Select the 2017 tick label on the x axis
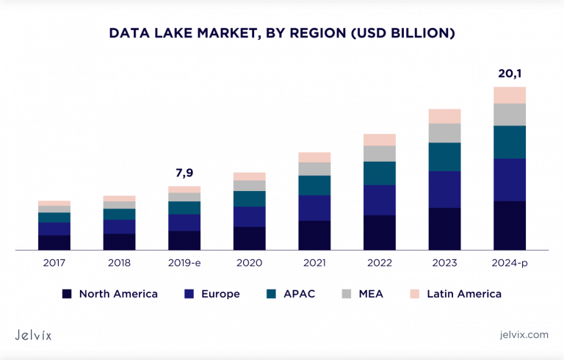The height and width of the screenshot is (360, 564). pyautogui.click(x=54, y=262)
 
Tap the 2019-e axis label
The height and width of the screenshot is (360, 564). pyautogui.click(x=184, y=262)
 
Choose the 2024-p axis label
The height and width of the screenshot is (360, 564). pyautogui.click(x=510, y=262)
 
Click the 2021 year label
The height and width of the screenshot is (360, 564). pyautogui.click(x=314, y=262)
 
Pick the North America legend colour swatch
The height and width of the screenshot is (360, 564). pyautogui.click(x=67, y=294)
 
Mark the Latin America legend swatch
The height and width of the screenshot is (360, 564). pyautogui.click(x=415, y=294)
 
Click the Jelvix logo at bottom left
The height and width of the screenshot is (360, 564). pyautogui.click(x=39, y=334)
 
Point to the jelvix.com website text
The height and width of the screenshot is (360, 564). pyautogui.click(x=524, y=334)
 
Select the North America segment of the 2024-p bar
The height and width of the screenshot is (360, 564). pyautogui.click(x=510, y=226)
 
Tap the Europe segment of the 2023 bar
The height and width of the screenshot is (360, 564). pyautogui.click(x=444, y=190)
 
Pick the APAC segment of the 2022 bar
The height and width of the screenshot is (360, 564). pyautogui.click(x=380, y=173)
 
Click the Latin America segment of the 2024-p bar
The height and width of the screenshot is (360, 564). pyautogui.click(x=510, y=95)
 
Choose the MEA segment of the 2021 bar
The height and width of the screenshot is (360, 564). pyautogui.click(x=314, y=169)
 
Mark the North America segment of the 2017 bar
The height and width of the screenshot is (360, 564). pyautogui.click(x=54, y=242)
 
